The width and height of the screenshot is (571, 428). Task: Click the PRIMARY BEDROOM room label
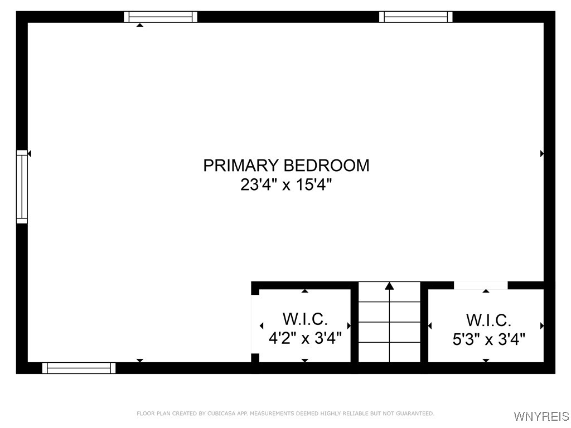tap(286, 166)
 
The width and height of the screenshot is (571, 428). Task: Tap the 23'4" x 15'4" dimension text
tap(286, 184)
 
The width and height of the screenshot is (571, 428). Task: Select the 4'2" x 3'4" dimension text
tap(305, 338)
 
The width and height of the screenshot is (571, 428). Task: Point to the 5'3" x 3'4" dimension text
tap(489, 339)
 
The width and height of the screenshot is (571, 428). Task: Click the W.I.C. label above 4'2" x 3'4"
tap(305, 319)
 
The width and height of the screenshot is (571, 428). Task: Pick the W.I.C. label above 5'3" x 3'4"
tap(489, 320)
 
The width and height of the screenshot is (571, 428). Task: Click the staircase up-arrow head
tap(389, 286)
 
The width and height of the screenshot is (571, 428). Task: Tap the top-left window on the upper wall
tap(161, 17)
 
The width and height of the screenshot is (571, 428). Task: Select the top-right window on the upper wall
tap(415, 17)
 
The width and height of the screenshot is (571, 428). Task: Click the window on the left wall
tap(22, 187)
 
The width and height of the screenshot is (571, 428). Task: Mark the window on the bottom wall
tap(79, 368)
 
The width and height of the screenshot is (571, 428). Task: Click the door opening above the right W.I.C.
tap(481, 285)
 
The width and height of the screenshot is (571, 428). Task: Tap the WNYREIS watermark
tap(541, 416)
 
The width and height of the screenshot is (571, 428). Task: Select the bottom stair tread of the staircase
tap(389, 352)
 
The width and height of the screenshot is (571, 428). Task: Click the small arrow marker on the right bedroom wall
tap(542, 153)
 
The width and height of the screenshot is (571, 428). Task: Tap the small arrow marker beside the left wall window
tap(30, 153)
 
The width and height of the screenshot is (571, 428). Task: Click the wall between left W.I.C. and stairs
tap(354, 323)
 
